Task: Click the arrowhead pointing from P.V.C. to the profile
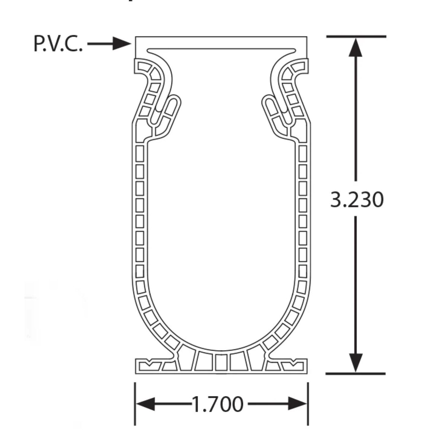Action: [x=122, y=44]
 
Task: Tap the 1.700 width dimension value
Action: [x=218, y=404]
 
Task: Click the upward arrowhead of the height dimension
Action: [x=356, y=47]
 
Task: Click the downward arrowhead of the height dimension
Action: [x=356, y=362]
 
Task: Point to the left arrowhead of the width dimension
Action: [x=145, y=404]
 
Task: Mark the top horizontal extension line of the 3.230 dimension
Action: [x=356, y=36]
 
